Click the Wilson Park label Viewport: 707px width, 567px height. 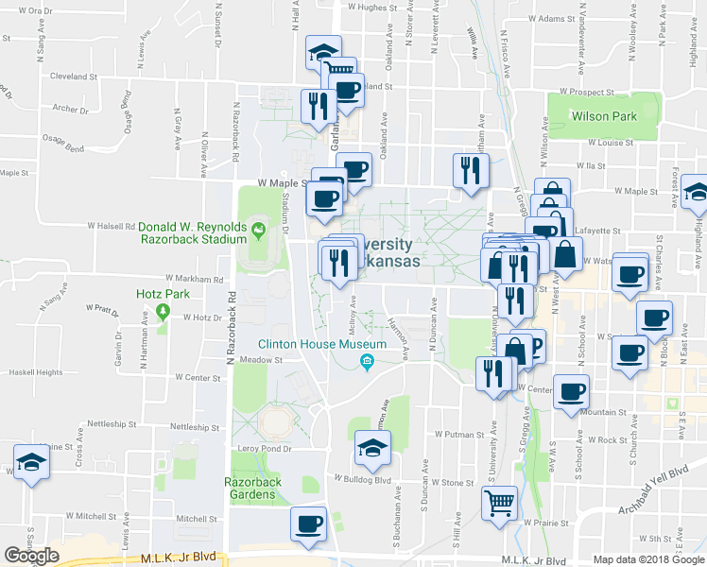[603, 116]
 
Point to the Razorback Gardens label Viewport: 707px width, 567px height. [253, 489]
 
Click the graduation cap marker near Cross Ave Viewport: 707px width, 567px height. [32, 462]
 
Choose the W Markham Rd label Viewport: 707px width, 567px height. [194, 280]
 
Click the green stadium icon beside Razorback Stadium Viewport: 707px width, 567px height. [256, 228]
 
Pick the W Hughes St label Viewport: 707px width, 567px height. [369, 7]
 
